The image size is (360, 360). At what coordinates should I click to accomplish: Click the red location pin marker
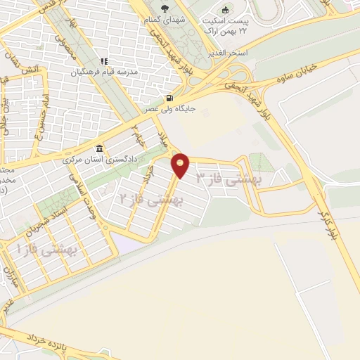[x=181, y=165]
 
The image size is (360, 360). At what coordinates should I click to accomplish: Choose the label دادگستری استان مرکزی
[x=98, y=160]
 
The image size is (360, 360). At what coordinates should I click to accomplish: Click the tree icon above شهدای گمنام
[x=166, y=9]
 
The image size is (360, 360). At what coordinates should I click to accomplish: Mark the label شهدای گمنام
[x=166, y=20]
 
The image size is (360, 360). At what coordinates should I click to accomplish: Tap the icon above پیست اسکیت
[x=225, y=10]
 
